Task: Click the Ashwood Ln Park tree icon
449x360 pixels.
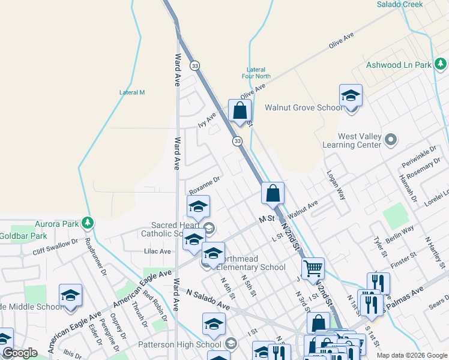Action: pyautogui.click(x=441, y=64)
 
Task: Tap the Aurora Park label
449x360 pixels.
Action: pyautogui.click(x=57, y=224)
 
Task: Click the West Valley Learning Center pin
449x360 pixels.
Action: pyautogui.click(x=391, y=141)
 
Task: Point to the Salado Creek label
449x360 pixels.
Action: pyautogui.click(x=400, y=4)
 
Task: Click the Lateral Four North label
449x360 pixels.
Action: pyautogui.click(x=259, y=73)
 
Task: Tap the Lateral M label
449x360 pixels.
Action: pyautogui.click(x=132, y=92)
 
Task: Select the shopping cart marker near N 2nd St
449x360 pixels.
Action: pyautogui.click(x=313, y=270)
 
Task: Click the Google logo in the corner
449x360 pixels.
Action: pyautogui.click(x=20, y=353)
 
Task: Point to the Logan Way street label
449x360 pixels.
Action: pyautogui.click(x=336, y=184)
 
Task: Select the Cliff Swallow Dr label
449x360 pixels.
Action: pyautogui.click(x=55, y=245)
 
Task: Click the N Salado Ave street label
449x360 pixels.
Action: pyautogui.click(x=208, y=299)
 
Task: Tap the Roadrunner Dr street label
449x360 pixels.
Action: pyautogui.click(x=95, y=257)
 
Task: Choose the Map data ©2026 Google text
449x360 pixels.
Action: pyautogui.click(x=411, y=355)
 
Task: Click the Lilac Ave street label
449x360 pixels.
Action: pyautogui.click(x=157, y=251)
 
